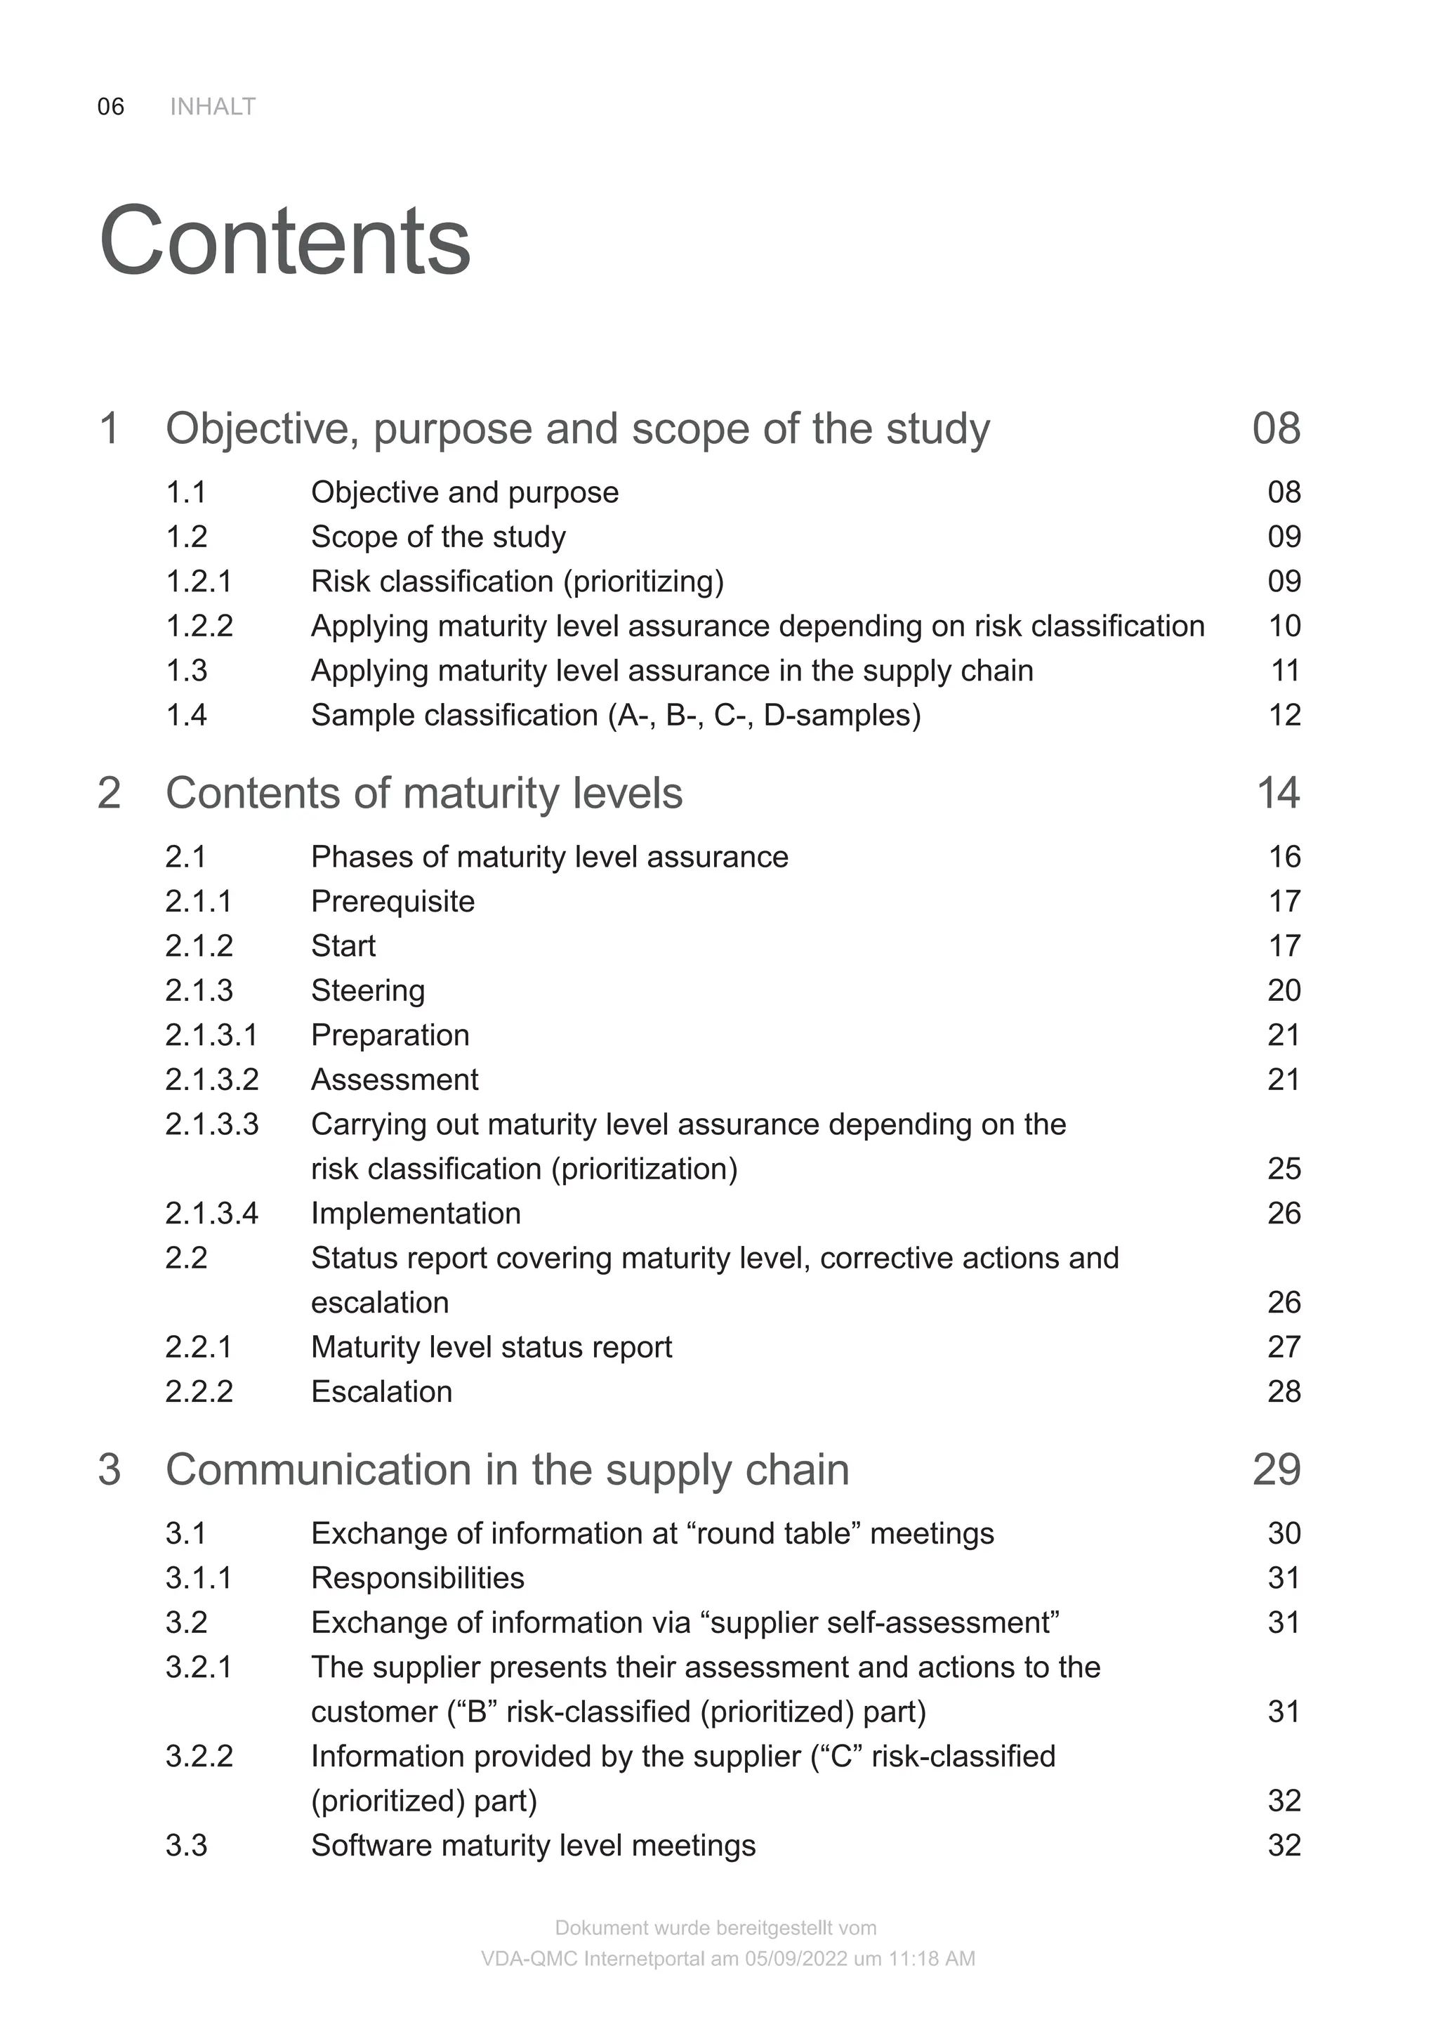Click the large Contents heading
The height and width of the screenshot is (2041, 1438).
coord(284,242)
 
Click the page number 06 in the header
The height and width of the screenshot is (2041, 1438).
coord(110,107)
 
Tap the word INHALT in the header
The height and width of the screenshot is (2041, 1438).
coord(213,107)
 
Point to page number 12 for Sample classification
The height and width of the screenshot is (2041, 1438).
coord(1284,715)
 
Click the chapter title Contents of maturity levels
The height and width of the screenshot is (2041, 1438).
coord(424,793)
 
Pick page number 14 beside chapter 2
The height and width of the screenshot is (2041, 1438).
coord(1277,793)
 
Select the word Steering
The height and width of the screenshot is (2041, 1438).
coord(368,990)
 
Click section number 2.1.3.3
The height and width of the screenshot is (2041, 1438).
coord(211,1124)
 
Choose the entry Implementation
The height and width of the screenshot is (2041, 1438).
coord(416,1214)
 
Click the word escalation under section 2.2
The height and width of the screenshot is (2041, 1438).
coord(379,1302)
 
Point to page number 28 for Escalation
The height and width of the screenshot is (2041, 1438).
coord(1284,1391)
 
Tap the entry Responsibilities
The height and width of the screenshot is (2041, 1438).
coord(418,1578)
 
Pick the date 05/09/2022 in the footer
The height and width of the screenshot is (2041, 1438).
coord(796,1958)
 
